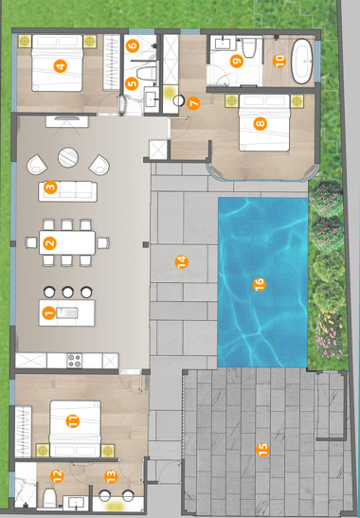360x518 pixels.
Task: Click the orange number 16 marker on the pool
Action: pyautogui.click(x=259, y=284)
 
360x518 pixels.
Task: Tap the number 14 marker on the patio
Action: pyautogui.click(x=182, y=262)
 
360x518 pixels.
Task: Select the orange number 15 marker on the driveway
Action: pyautogui.click(x=262, y=450)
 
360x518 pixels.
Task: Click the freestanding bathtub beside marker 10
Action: pyautogui.click(x=302, y=62)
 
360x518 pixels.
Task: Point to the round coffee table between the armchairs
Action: pyautogui.click(x=68, y=157)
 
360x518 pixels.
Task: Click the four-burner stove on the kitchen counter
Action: pyautogui.click(x=75, y=361)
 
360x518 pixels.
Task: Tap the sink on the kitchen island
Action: pyautogui.click(x=67, y=313)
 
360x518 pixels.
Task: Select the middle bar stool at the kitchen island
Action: pyautogui.click(x=68, y=292)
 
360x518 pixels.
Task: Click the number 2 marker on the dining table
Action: pyautogui.click(x=49, y=243)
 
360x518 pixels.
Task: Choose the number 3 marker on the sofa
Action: pyautogui.click(x=50, y=188)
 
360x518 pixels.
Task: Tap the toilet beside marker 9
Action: pyautogui.click(x=248, y=48)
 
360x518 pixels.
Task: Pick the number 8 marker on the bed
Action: pyautogui.click(x=261, y=124)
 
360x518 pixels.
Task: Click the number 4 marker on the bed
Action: pyautogui.click(x=61, y=66)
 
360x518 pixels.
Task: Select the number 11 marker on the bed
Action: pyautogui.click(x=72, y=421)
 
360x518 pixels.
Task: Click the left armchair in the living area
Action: pyautogui.click(x=37, y=165)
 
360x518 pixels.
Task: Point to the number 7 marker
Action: pyautogui.click(x=193, y=103)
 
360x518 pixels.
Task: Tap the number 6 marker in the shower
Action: pyautogui.click(x=133, y=45)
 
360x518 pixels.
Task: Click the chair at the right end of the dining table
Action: pyautogui.click(x=103, y=242)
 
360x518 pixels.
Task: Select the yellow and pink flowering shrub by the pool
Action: pyautogui.click(x=329, y=334)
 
